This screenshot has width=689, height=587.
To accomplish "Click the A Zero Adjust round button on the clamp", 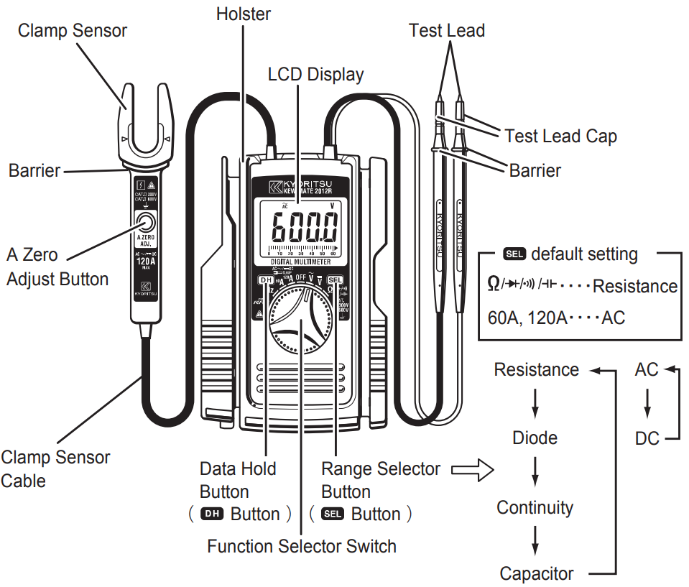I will tap(145, 222).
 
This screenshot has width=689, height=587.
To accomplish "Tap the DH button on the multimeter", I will tap(267, 281).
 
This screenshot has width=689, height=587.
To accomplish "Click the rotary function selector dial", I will tap(301, 327).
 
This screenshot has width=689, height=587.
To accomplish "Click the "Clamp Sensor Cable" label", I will tap(55, 468).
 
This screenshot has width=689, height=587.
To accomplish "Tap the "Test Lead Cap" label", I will tap(560, 136).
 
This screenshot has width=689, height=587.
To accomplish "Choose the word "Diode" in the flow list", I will tap(535, 438).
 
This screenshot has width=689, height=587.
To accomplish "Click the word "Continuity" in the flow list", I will tap(535, 507).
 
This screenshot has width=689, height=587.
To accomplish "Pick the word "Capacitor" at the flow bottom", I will tap(537, 573).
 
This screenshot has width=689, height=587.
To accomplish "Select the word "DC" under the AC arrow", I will tap(647, 438).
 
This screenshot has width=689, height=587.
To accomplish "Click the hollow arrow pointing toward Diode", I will tap(473, 471).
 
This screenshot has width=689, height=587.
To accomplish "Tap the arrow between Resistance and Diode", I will tap(535, 404).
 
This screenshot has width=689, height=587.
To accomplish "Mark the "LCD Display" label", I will tap(315, 74).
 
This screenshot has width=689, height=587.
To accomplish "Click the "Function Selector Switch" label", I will tap(302, 546).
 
